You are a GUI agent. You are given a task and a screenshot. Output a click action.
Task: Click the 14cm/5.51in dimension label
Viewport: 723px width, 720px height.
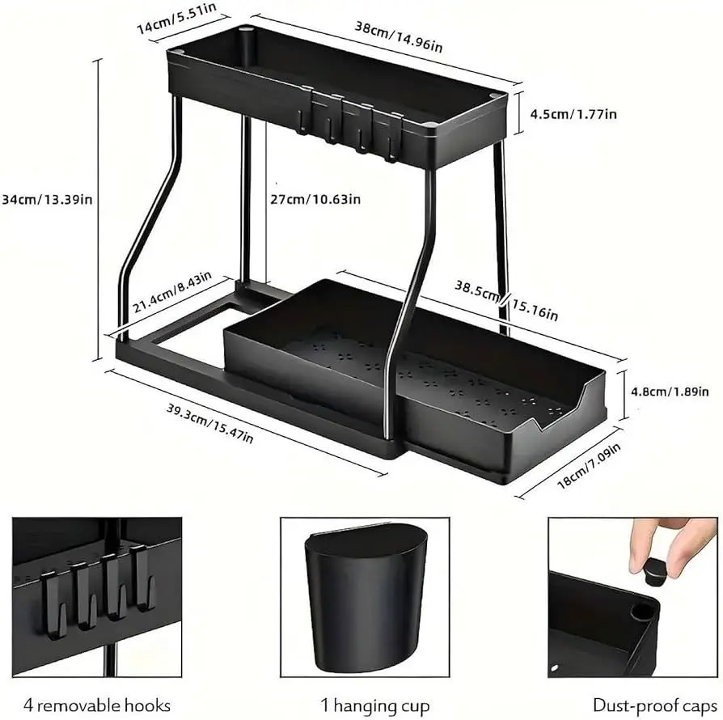tap(177, 19)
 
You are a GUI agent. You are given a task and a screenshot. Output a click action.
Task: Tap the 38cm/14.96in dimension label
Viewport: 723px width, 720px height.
tap(399, 36)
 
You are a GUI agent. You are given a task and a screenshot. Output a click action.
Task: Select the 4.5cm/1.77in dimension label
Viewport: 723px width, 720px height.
tap(573, 114)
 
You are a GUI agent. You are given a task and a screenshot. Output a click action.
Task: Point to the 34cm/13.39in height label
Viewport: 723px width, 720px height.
tap(47, 199)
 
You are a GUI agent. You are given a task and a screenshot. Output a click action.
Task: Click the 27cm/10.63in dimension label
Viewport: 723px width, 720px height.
tap(315, 199)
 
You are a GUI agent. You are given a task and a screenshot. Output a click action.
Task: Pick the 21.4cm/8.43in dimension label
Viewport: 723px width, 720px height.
tap(172, 291)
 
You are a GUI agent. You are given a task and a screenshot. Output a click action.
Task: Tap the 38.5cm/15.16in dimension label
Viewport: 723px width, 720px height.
tap(506, 300)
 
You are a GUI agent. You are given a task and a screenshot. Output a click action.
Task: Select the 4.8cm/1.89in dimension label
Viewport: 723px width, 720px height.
tap(670, 392)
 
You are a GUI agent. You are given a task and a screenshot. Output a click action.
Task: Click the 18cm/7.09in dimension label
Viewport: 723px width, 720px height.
tap(589, 465)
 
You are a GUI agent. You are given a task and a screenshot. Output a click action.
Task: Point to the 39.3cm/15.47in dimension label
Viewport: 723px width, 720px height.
tap(209, 423)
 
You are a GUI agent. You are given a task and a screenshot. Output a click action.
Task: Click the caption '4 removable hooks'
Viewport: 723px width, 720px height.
tap(97, 705)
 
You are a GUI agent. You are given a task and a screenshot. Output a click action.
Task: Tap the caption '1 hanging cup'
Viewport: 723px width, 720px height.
tap(375, 705)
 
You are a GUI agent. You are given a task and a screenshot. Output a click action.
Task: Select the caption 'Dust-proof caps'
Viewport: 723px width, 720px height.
tap(655, 705)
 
